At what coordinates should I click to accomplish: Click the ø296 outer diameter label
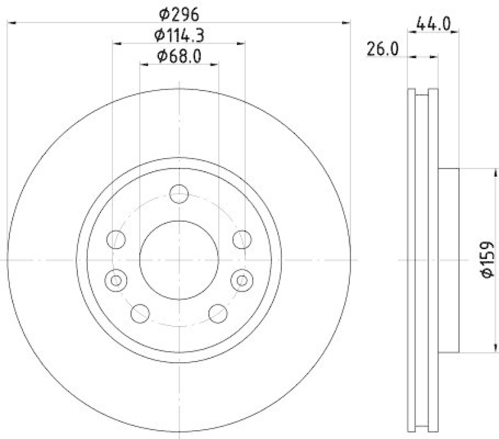(x=179, y=13)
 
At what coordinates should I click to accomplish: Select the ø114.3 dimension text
(x=179, y=35)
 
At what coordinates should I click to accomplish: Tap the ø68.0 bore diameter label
(x=179, y=56)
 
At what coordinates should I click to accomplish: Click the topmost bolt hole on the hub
(x=179, y=194)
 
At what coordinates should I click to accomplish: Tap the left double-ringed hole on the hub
(x=116, y=280)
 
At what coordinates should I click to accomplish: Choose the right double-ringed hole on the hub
(x=242, y=280)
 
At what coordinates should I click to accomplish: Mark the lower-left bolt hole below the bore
(x=140, y=312)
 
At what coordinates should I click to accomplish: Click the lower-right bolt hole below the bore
(x=218, y=312)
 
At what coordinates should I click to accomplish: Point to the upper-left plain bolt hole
(x=116, y=239)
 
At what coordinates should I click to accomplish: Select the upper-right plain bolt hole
(x=242, y=239)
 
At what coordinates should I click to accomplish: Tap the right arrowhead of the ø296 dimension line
(x=348, y=23)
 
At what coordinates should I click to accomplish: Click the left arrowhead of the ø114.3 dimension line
(x=116, y=43)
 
